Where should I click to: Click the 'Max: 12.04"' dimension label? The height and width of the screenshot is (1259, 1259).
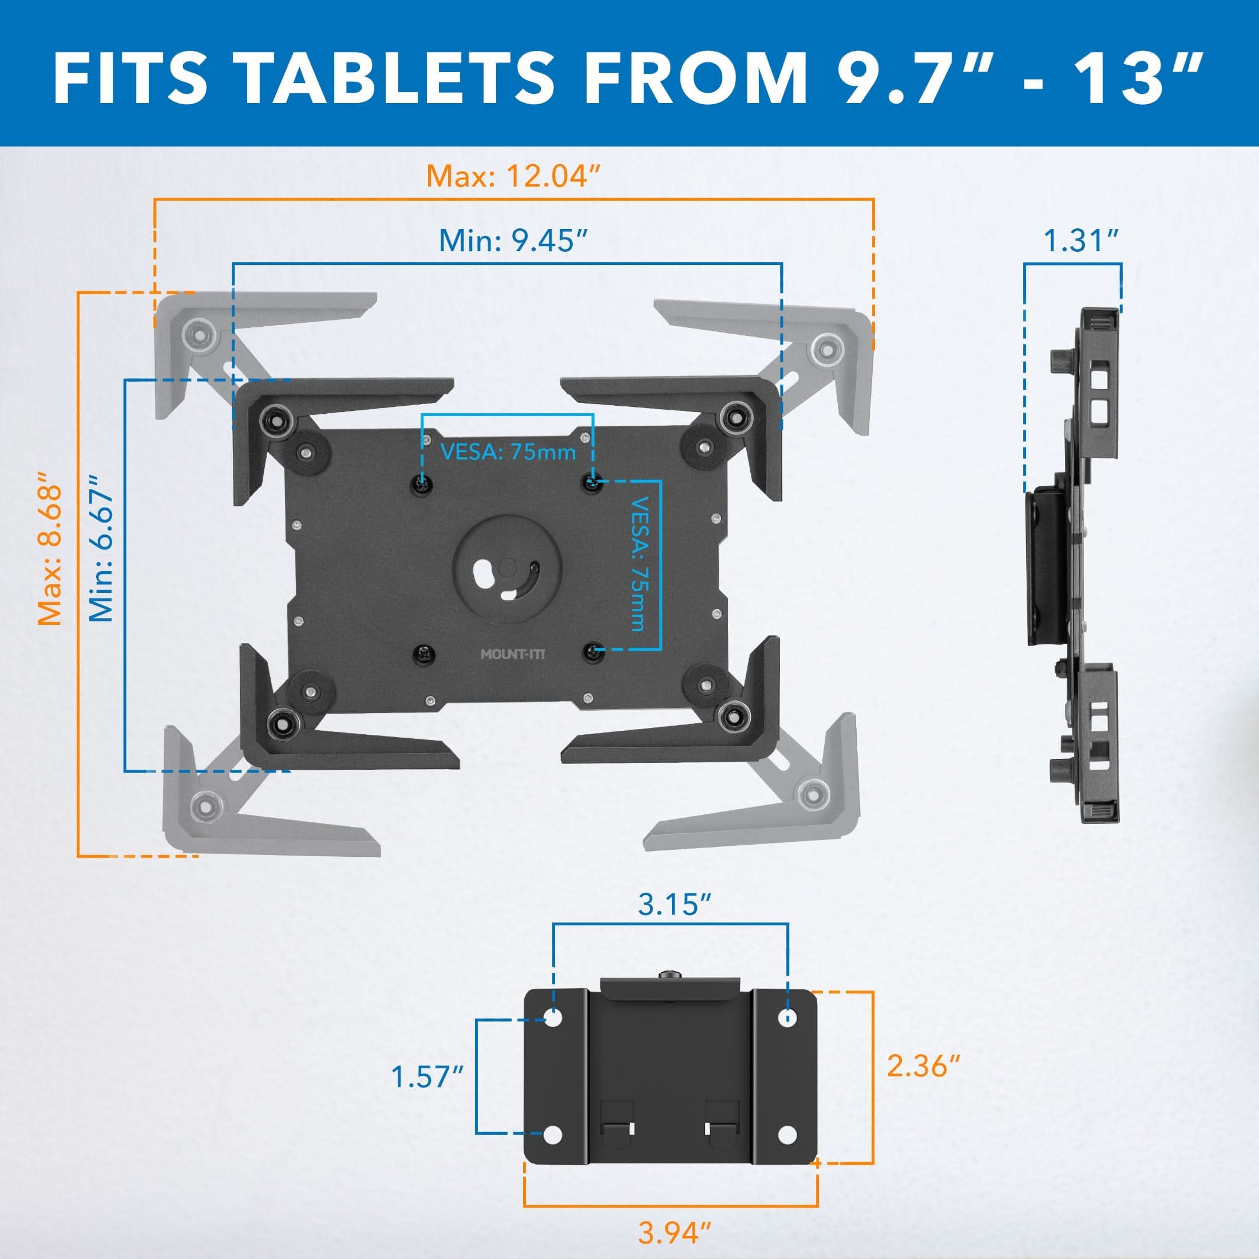click(x=513, y=176)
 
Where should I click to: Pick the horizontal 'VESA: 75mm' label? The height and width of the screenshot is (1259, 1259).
click(x=508, y=452)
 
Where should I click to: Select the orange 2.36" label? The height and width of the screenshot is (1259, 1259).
click(x=924, y=1066)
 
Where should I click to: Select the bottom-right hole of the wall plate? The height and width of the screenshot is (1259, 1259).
click(x=787, y=1154)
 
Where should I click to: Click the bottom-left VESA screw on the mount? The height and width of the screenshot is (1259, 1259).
click(x=422, y=652)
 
